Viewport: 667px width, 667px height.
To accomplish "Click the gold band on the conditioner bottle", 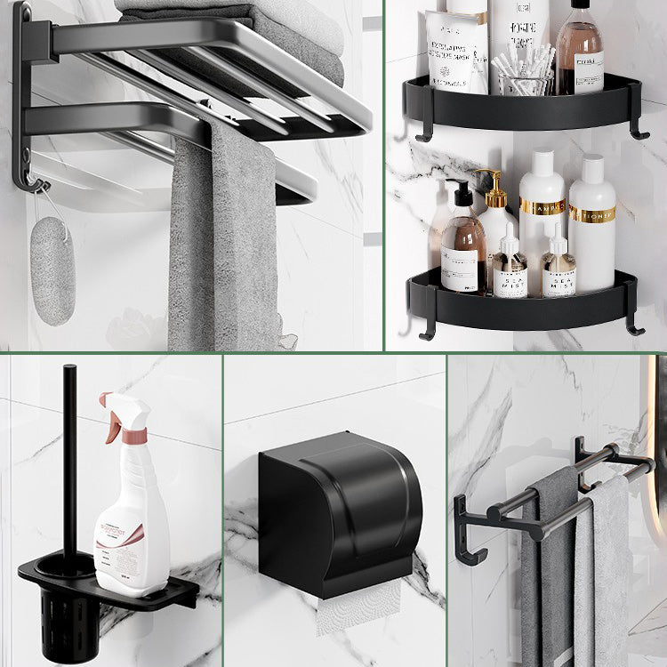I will pyautogui.click(x=542, y=207).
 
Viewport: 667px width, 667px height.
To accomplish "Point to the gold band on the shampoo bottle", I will pyautogui.click(x=592, y=214).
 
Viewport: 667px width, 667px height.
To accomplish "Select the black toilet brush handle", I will pyautogui.click(x=69, y=462).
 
